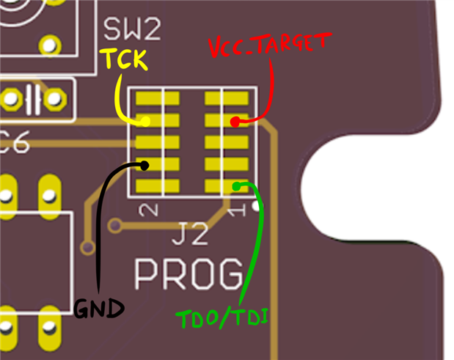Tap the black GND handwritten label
[x=97, y=309]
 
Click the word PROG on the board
[x=188, y=274]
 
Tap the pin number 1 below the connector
[x=235, y=212]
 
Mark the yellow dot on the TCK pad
[x=145, y=122]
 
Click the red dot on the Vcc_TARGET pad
[x=235, y=122]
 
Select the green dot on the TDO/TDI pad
[x=236, y=186]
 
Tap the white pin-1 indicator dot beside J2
[x=255, y=207]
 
